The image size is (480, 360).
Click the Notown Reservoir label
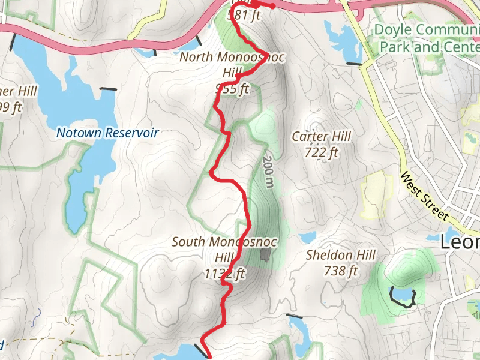[108, 133]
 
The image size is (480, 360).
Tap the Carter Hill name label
[321, 136]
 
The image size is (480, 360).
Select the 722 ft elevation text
[321, 152]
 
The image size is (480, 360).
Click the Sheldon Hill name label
[341, 255]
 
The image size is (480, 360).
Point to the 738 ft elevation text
[341, 271]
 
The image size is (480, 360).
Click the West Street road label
[424, 196]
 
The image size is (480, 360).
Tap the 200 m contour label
[268, 172]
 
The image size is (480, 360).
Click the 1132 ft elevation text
[226, 274]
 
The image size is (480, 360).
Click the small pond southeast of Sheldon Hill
[403, 295]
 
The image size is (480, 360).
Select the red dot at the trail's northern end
[273, 7]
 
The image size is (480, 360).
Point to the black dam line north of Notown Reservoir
[109, 89]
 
